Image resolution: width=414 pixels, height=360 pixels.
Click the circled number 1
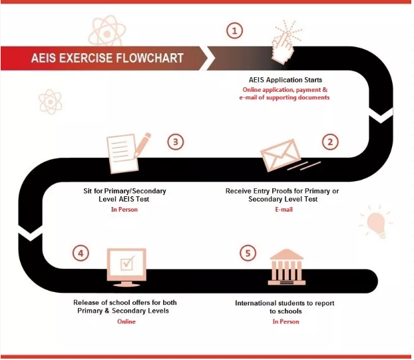coord(234,31)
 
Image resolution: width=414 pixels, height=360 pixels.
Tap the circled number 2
coord(330,142)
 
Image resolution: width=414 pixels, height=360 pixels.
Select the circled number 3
coord(176,142)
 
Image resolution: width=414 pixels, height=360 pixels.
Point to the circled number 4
coord(81,254)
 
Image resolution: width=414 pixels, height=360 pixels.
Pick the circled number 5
coord(248,254)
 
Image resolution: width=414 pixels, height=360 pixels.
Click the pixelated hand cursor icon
coord(285,43)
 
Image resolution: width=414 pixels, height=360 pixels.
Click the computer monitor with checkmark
coord(126,268)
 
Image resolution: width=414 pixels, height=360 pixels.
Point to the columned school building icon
coord(287,267)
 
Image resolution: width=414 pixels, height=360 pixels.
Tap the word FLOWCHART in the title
coord(150,58)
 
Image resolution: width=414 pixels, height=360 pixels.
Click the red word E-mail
coord(284,210)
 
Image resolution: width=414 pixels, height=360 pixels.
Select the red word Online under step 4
coord(126,321)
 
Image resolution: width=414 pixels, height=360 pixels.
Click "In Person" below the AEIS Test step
coord(124,210)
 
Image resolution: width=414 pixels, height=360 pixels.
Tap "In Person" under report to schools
coord(286,321)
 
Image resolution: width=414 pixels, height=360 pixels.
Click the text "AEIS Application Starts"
coord(286,80)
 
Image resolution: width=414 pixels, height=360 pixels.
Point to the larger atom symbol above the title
coord(107,32)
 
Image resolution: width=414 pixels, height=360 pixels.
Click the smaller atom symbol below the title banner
coord(50,102)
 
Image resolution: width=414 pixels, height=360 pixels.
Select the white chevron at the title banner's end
coord(209,58)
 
